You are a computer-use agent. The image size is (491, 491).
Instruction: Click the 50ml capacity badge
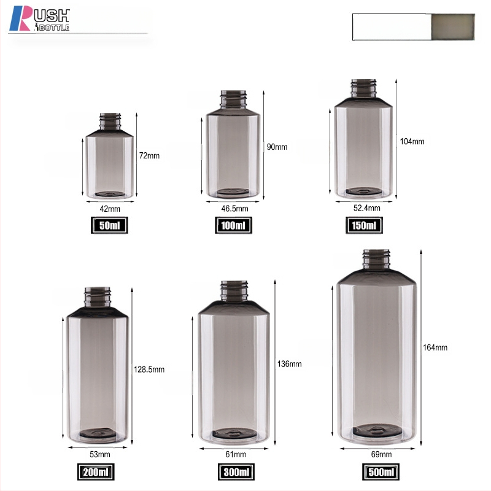coord(109,225)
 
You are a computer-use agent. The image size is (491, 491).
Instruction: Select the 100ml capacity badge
coord(233,225)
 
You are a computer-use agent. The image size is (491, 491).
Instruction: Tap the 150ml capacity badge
coord(364,225)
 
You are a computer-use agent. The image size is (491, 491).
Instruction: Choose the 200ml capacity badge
coord(96,472)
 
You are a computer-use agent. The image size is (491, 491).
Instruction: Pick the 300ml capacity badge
coord(236,472)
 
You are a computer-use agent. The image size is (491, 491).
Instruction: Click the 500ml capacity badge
coord(381,472)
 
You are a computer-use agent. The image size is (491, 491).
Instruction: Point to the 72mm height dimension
coord(149,156)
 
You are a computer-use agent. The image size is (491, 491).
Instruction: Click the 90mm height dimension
coord(277,147)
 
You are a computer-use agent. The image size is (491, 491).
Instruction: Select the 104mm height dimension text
coord(412,142)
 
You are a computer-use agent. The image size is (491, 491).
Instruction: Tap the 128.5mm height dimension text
coord(149,369)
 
